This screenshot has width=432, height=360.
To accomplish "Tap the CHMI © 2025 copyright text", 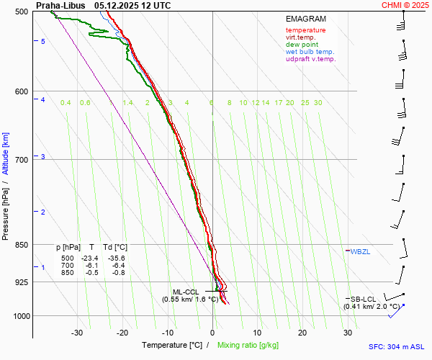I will pos(405,5).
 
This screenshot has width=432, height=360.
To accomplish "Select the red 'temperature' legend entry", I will pos(305,30).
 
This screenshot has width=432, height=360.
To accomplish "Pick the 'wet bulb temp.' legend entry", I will pos(310,52).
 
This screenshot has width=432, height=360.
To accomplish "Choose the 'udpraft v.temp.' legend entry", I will pos(310,59).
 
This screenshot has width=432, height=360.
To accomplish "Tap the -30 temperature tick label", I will pos(77,333).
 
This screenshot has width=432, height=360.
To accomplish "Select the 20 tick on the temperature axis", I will pos(302,333).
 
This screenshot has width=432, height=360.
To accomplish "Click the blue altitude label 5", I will pos(43,42).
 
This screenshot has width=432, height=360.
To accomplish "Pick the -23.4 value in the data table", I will pos(89,258).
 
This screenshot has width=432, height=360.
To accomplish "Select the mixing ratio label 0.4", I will pos(66,103).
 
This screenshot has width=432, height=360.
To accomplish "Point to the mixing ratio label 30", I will pos(318,103).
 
